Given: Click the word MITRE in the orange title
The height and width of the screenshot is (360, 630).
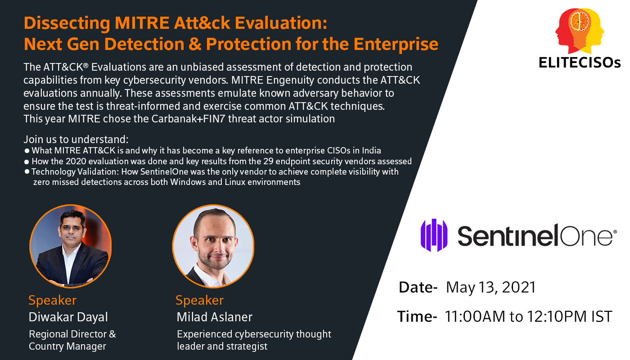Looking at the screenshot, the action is coord(142,23).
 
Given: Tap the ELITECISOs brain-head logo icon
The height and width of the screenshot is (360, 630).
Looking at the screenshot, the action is coord(580,31).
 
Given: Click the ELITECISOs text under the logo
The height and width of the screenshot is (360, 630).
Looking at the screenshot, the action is coord(580,63).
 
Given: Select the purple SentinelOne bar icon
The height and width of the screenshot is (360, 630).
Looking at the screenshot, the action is coord(434,235).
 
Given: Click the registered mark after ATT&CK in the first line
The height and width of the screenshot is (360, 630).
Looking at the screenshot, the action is coord(86,65).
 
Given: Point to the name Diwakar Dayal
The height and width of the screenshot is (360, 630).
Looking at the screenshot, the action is coord(68,317).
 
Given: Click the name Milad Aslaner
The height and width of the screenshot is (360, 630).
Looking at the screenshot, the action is coord(215,317).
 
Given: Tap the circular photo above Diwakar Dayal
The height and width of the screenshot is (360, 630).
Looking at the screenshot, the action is coord(71,246).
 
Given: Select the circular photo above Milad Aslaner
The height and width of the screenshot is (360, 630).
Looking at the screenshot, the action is coord(213,246).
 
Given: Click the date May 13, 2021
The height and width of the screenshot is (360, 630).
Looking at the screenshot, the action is coord(491,288).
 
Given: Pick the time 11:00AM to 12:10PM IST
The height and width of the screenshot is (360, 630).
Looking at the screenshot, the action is coord(528,316).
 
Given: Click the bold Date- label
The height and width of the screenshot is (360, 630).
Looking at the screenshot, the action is coord(418,287).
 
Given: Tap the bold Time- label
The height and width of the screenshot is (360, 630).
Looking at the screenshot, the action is coord(417,316).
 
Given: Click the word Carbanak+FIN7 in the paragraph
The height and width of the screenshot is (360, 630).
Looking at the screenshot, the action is coord(188,119).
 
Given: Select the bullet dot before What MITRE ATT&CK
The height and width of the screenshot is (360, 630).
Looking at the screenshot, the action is coord(27,151).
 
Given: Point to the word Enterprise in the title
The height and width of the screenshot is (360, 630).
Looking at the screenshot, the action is coord(396,44).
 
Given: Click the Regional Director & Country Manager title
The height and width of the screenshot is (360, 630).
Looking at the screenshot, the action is coord(72,340).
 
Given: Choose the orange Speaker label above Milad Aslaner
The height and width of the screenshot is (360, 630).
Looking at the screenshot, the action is coord(199,300).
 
